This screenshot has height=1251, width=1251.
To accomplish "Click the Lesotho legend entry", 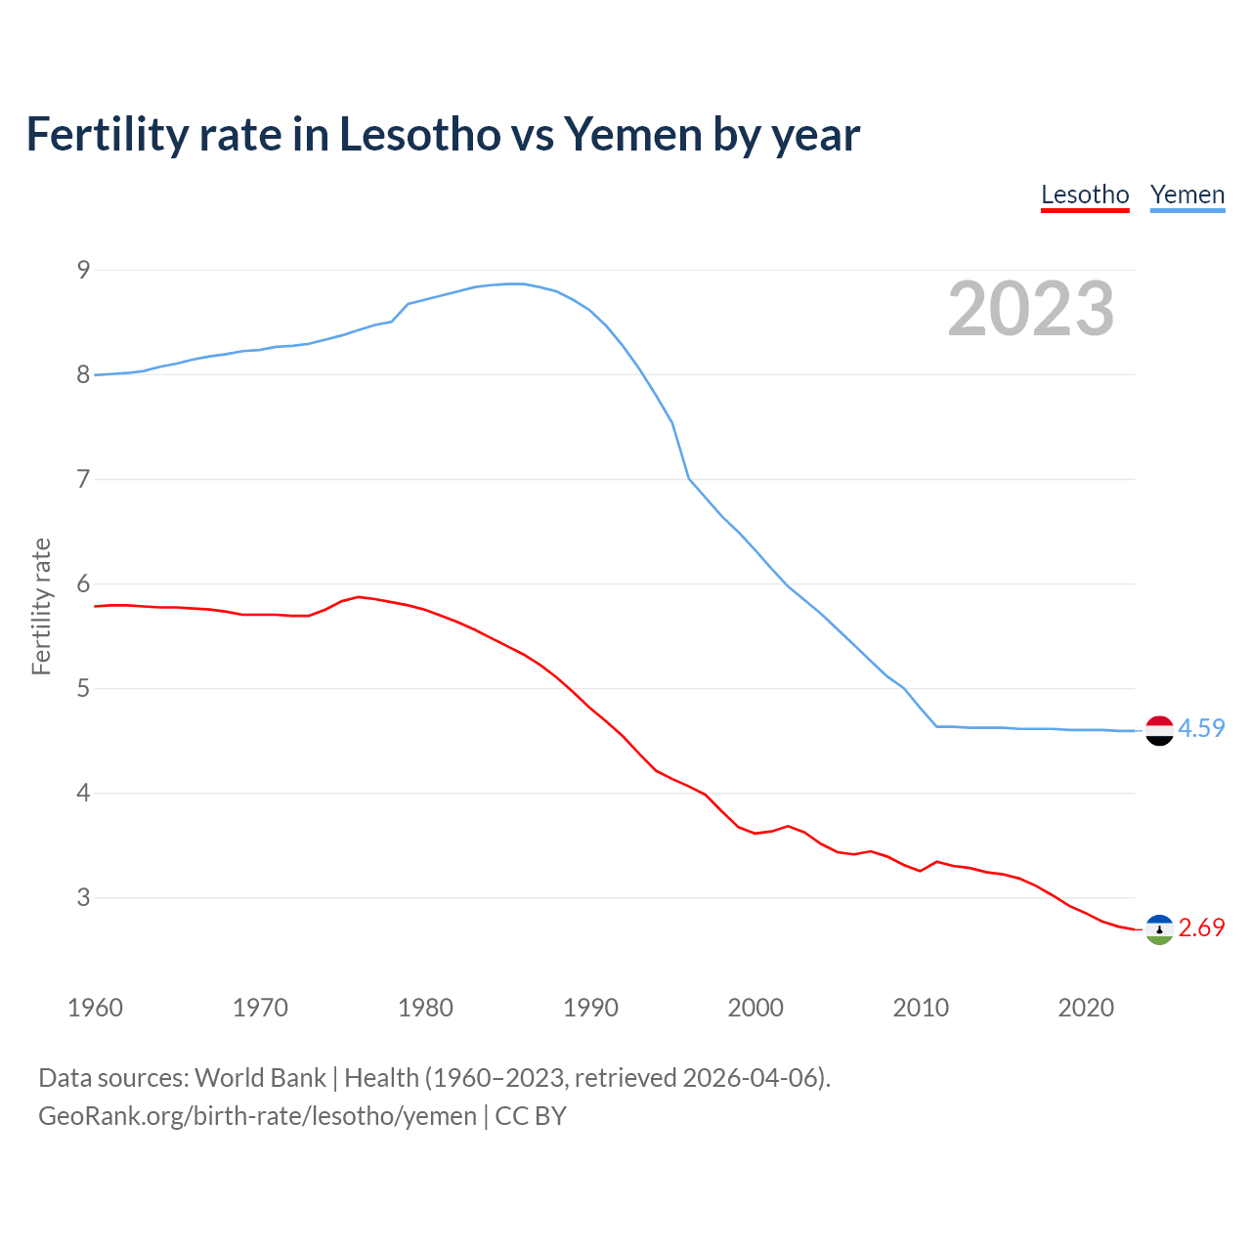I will click(1085, 194).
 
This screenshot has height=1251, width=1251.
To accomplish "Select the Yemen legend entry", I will click(1186, 194).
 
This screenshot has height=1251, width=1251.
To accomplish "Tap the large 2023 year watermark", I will click(1030, 309).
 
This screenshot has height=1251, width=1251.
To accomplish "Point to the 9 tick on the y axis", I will click(83, 270).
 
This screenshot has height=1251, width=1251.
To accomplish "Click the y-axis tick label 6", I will click(83, 584).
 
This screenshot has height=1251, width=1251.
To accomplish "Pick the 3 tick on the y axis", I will click(83, 897).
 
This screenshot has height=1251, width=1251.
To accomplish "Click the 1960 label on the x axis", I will click(95, 1008).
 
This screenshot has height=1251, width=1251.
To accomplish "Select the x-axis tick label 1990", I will click(590, 1008).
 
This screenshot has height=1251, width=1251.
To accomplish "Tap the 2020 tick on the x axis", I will click(1086, 1008).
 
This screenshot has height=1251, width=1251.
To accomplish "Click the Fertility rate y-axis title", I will click(41, 606).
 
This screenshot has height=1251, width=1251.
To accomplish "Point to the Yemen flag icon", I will click(1159, 730).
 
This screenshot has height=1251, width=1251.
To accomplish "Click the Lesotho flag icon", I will click(1159, 929).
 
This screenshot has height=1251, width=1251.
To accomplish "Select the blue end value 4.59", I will click(1201, 729).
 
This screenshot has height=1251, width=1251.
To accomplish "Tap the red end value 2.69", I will click(1201, 928).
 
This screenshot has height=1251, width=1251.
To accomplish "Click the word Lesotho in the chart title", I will click(419, 135).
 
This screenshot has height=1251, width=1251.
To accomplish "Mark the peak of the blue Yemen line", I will click(515, 283).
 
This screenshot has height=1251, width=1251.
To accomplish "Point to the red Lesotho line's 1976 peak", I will click(359, 596).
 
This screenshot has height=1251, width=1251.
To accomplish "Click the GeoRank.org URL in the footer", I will click(257, 1116).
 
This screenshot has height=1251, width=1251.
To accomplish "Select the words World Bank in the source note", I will click(260, 1078).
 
